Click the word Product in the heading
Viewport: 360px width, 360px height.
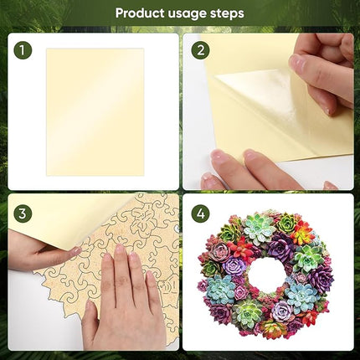pyautogui.click(x=139, y=13)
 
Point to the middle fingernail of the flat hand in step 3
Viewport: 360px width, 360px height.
pyautogui.click(x=119, y=250)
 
